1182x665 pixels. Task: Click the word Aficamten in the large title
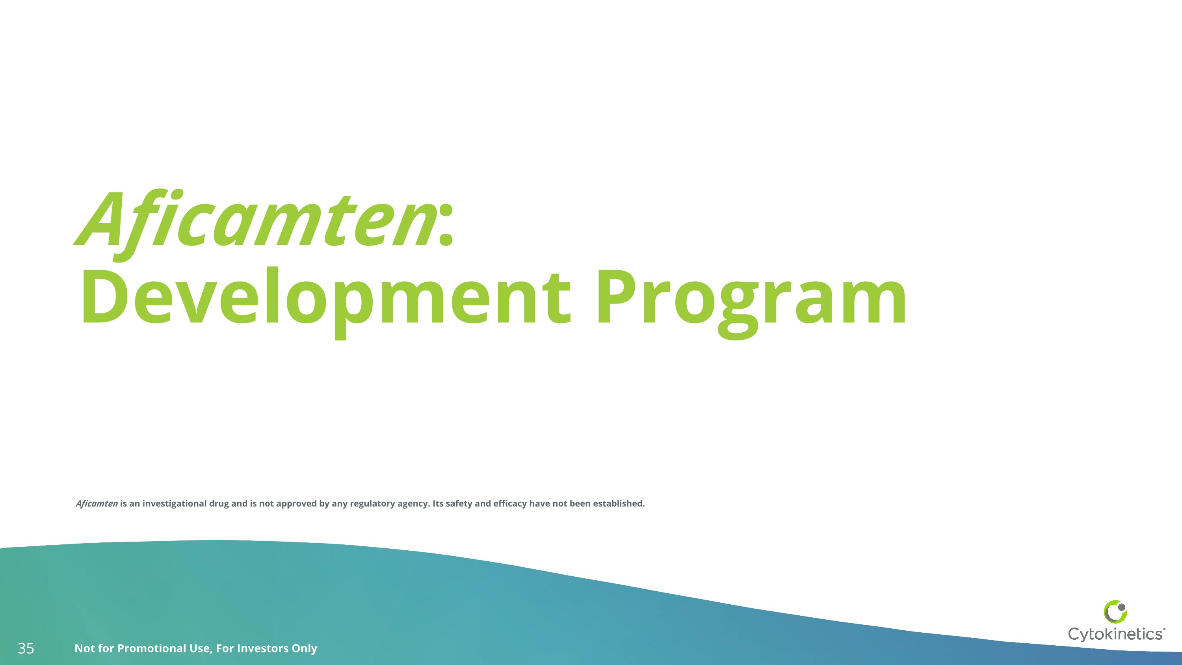(x=257, y=220)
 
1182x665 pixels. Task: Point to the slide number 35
(x=26, y=648)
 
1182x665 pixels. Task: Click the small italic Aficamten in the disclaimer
(x=97, y=503)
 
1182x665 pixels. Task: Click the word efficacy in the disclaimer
(x=510, y=503)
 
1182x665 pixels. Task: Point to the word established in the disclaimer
(x=618, y=503)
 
